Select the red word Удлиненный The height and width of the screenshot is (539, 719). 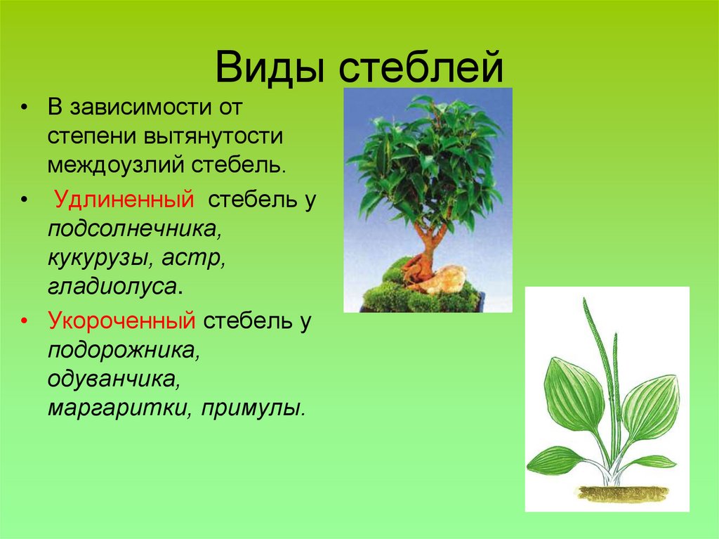pos(124,200)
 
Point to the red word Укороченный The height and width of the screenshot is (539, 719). pos(121,321)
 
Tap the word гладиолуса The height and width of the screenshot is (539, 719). pos(111,287)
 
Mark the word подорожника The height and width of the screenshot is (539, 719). pos(124,349)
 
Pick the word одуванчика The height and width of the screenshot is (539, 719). pos(111,379)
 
